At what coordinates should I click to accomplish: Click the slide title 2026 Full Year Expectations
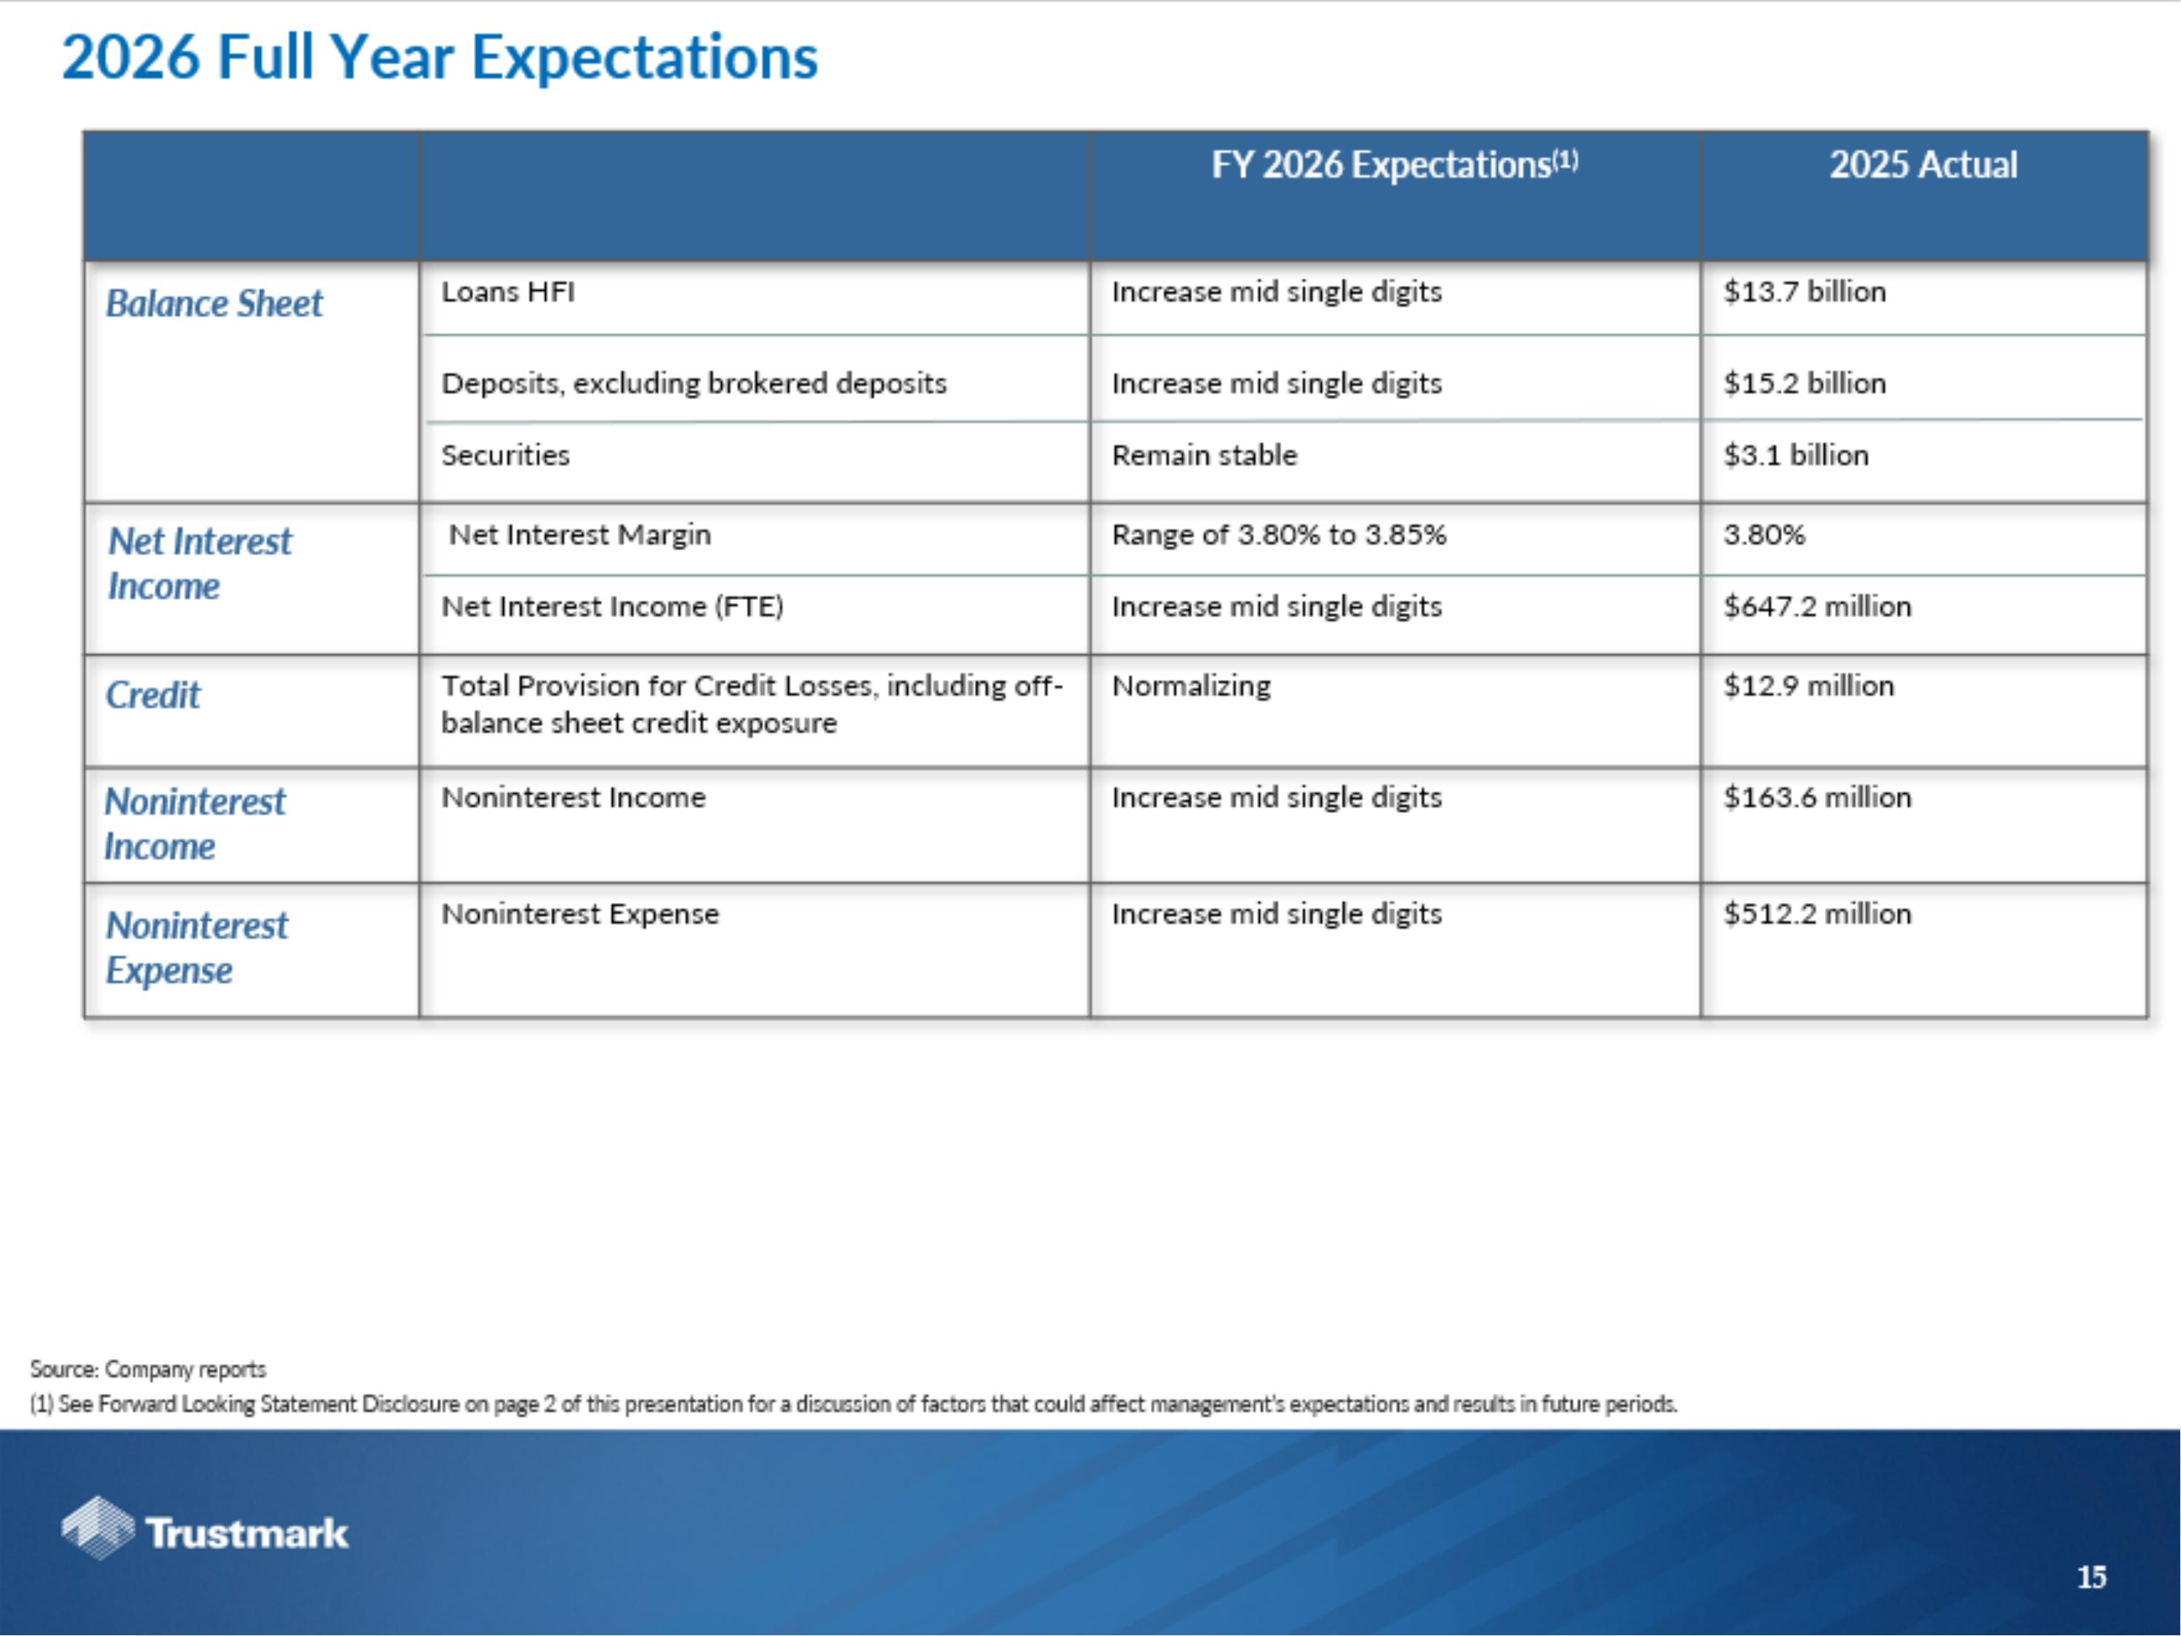pos(440,57)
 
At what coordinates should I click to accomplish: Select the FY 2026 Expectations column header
pos(1393,164)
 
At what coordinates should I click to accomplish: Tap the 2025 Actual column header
pos(1923,164)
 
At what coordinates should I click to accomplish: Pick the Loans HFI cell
pos(507,292)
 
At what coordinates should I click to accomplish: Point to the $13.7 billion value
pos(1804,292)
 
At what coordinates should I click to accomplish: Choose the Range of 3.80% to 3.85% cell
pos(1278,534)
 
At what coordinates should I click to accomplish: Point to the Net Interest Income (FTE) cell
pos(611,606)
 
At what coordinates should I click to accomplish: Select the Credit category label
pos(153,695)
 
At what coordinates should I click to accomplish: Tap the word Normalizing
pos(1191,686)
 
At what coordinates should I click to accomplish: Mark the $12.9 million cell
pos(1807,686)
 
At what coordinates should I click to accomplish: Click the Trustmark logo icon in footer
pos(97,1528)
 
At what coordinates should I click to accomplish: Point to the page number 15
pos(2092,1577)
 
